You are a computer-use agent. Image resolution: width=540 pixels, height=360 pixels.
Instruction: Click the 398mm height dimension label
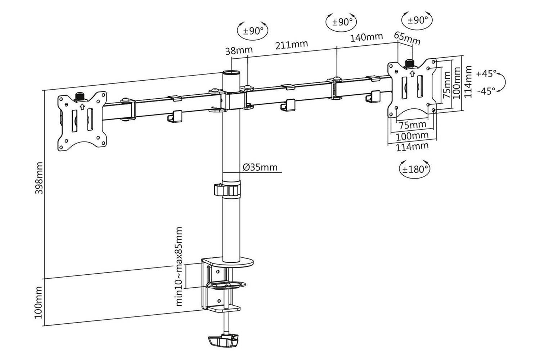(39, 178)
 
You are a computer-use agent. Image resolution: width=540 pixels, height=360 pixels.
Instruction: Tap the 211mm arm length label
(292, 45)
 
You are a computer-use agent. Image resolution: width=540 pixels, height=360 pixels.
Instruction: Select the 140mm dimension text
(366, 37)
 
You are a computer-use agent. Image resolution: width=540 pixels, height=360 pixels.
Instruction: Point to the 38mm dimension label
(239, 51)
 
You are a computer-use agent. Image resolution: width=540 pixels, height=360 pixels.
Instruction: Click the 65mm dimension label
(408, 39)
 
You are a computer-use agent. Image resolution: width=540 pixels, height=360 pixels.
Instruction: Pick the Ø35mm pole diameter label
(260, 167)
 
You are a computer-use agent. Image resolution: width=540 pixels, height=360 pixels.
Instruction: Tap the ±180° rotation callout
(415, 169)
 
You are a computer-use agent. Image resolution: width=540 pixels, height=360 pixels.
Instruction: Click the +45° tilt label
(486, 73)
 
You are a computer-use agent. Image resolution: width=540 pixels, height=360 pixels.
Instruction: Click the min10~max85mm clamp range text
(179, 267)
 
